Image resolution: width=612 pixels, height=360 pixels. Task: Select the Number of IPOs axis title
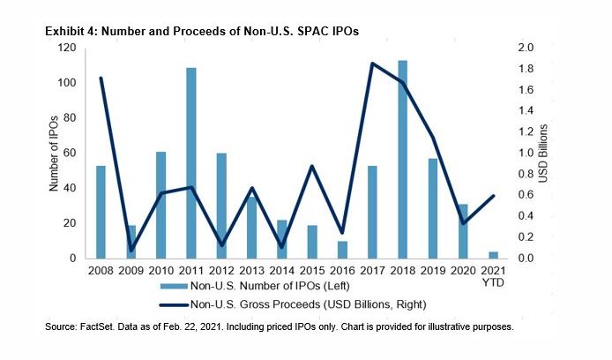coord(54,153)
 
